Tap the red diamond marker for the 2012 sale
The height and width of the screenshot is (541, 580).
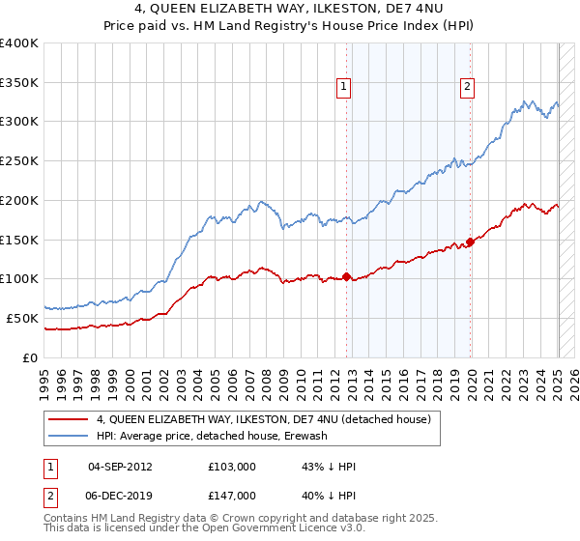(x=346, y=277)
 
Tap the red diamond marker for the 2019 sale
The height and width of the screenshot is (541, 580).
(x=471, y=242)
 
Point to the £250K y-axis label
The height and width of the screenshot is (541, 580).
(x=19, y=160)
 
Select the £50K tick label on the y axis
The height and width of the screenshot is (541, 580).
(x=23, y=318)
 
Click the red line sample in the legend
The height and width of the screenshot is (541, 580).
(x=70, y=418)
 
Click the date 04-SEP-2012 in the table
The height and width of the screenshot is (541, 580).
(x=120, y=467)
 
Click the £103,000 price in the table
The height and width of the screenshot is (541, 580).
(x=231, y=467)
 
